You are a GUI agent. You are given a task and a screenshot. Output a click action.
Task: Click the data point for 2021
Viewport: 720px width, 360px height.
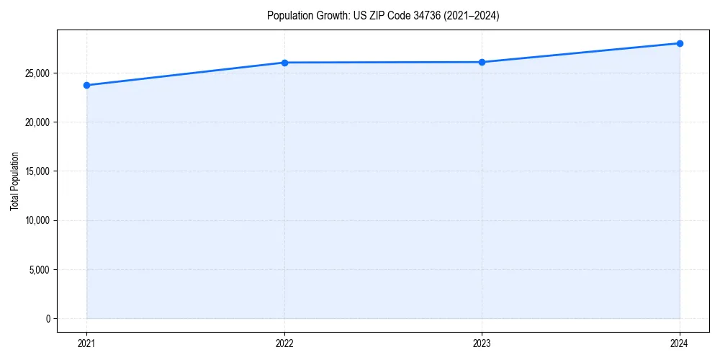86,85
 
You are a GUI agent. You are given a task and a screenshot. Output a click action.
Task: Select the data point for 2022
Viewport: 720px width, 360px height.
284,63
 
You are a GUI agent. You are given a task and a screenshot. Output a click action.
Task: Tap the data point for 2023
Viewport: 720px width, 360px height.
482,62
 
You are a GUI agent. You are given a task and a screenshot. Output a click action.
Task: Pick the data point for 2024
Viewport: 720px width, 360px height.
680,43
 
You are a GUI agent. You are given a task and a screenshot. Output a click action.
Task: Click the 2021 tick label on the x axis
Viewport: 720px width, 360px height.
86,343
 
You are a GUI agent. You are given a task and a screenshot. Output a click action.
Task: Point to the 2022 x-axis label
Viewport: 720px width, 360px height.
284,343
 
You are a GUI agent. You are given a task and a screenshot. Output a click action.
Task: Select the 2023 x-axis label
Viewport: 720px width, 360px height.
482,343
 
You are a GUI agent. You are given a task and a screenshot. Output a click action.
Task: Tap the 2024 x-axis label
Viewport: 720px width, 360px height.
680,343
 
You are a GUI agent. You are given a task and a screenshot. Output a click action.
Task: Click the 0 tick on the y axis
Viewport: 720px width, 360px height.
47,319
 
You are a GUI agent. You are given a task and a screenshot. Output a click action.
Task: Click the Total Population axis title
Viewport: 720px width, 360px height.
14,181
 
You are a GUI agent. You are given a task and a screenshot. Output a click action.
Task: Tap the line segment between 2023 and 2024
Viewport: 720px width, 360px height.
580,53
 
